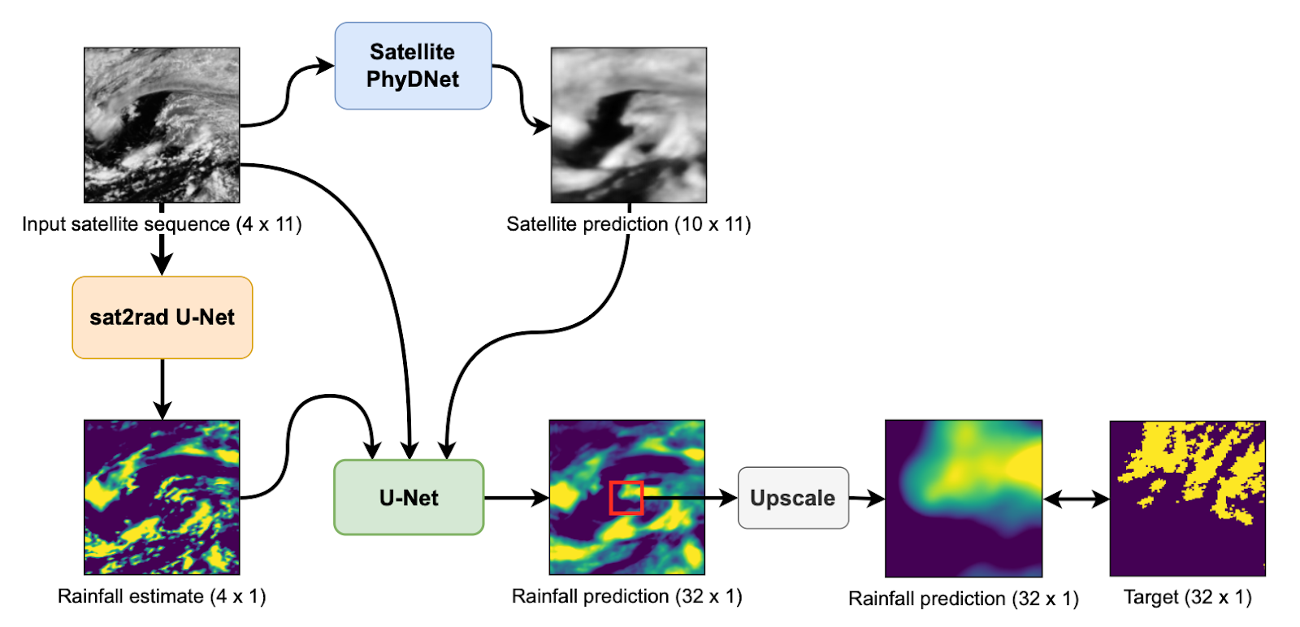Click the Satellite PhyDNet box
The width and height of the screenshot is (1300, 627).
414,66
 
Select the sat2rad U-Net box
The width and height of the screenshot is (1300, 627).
162,318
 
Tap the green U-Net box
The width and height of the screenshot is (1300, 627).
409,498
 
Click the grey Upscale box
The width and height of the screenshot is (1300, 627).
793,498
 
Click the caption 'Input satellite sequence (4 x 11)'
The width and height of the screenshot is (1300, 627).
162,224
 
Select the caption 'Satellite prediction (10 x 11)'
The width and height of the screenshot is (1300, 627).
629,224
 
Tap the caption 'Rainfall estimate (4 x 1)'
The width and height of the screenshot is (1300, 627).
162,596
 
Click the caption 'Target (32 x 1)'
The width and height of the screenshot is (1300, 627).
1187,597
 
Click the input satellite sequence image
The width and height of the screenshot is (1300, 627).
162,125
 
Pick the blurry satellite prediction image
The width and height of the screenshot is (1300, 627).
629,125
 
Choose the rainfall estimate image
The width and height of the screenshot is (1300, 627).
162,498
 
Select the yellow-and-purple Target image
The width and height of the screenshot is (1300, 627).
1188,498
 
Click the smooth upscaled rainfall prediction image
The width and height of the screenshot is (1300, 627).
964,498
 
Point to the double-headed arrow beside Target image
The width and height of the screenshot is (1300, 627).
1077,499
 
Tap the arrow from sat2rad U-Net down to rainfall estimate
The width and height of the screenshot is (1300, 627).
162,389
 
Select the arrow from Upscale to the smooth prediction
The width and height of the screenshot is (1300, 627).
867,498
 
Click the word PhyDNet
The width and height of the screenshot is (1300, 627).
413,80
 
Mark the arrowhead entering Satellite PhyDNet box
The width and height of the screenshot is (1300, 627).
326,65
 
